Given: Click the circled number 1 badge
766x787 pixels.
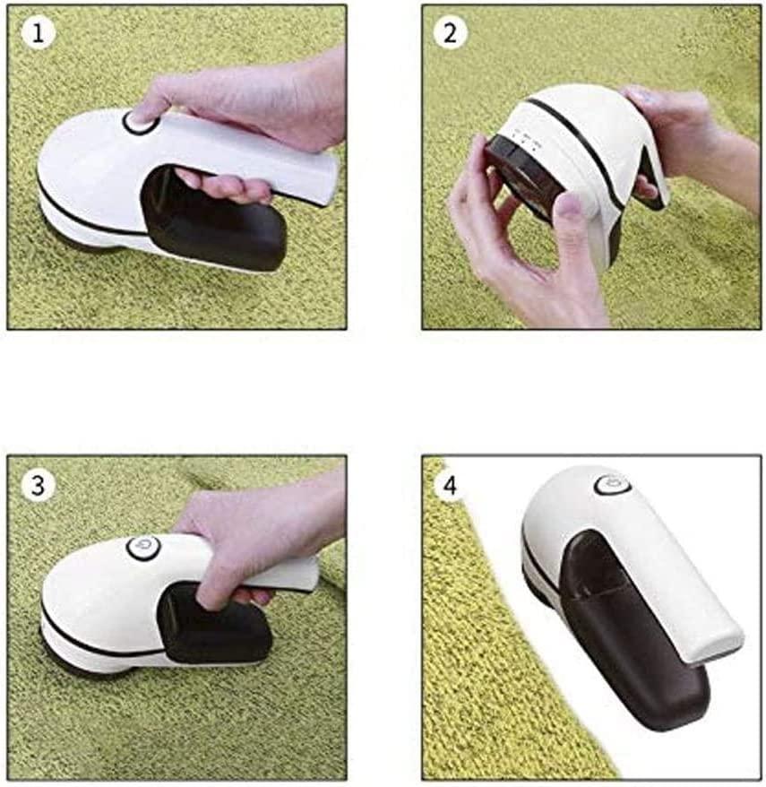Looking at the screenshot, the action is [38, 32].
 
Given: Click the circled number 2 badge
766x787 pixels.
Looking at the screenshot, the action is [450, 32].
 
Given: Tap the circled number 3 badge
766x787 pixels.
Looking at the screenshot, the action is [38, 485].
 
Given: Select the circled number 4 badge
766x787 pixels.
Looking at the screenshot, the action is [450, 485].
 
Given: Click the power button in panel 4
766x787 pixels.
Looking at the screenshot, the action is [612, 485].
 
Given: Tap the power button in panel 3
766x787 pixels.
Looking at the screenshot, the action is [143, 547].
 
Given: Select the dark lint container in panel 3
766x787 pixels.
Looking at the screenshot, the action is [216, 625].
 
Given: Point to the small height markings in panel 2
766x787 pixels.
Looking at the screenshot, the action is [524, 138].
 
